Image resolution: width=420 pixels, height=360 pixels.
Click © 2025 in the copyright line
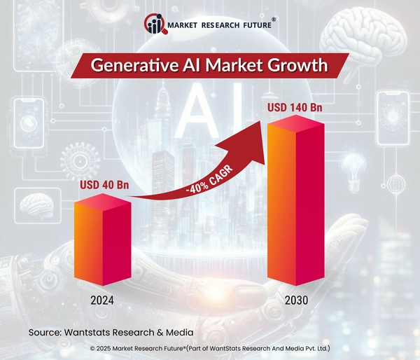click(103, 347)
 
